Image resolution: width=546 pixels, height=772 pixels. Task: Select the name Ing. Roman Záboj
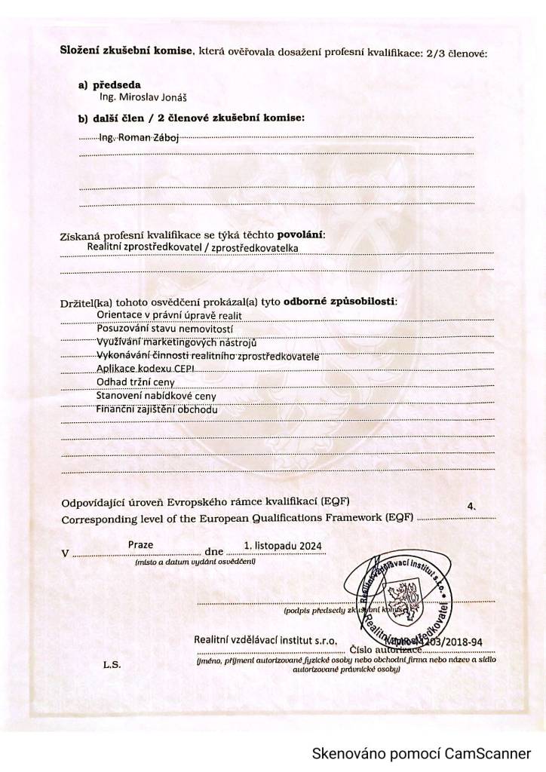click(x=136, y=137)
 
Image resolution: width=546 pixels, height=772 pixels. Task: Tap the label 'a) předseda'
click(x=109, y=85)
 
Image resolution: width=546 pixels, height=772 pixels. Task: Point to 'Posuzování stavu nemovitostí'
click(x=165, y=329)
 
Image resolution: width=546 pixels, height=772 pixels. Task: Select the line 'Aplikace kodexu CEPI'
click(x=146, y=368)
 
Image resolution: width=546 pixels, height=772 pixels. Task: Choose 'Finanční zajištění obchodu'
click(x=157, y=409)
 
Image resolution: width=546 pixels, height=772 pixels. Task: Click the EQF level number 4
click(x=471, y=507)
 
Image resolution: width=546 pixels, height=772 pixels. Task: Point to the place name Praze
click(x=140, y=544)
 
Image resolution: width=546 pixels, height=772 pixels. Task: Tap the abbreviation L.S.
click(x=112, y=665)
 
